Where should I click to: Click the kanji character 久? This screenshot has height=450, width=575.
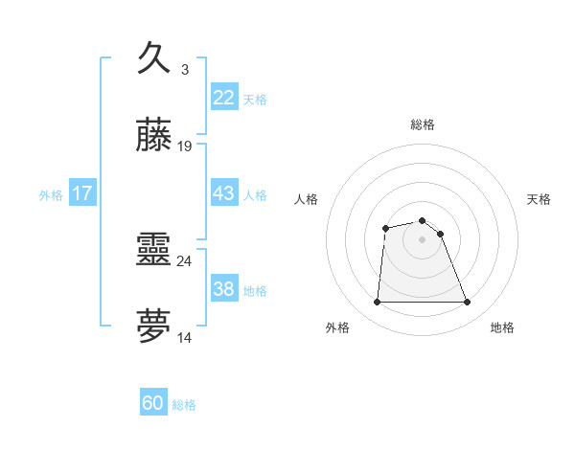pos(154,59)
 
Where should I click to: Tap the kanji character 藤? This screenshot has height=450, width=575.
pos(154,136)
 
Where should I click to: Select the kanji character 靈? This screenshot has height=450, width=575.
pos(154,251)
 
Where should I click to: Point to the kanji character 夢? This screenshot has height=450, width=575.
pos(154,326)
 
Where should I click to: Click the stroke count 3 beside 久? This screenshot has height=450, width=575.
pos(185,70)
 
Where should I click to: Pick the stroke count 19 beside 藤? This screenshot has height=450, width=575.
pos(185,146)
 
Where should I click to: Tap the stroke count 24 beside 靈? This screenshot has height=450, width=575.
pos(185,260)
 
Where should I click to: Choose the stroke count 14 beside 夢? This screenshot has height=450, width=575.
pos(185,337)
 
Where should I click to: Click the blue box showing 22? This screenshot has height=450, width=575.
pos(223,98)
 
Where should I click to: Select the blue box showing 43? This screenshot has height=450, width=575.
pos(223,193)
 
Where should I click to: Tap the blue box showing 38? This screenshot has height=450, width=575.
pos(223,289)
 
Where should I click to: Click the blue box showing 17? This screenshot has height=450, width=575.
pos(82,193)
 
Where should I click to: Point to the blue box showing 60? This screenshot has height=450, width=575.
pos(153,403)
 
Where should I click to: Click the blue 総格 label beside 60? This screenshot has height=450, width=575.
pos(184,405)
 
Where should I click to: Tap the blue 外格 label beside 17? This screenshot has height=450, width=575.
pos(51,195)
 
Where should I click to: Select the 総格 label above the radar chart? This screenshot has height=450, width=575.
pos(423,125)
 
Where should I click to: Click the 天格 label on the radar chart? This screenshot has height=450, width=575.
pos(540,199)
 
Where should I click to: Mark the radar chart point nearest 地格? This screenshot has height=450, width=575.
pos(468,303)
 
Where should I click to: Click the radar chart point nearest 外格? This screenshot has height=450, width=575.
pos(377,303)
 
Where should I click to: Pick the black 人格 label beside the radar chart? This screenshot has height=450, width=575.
pos(306,199)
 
